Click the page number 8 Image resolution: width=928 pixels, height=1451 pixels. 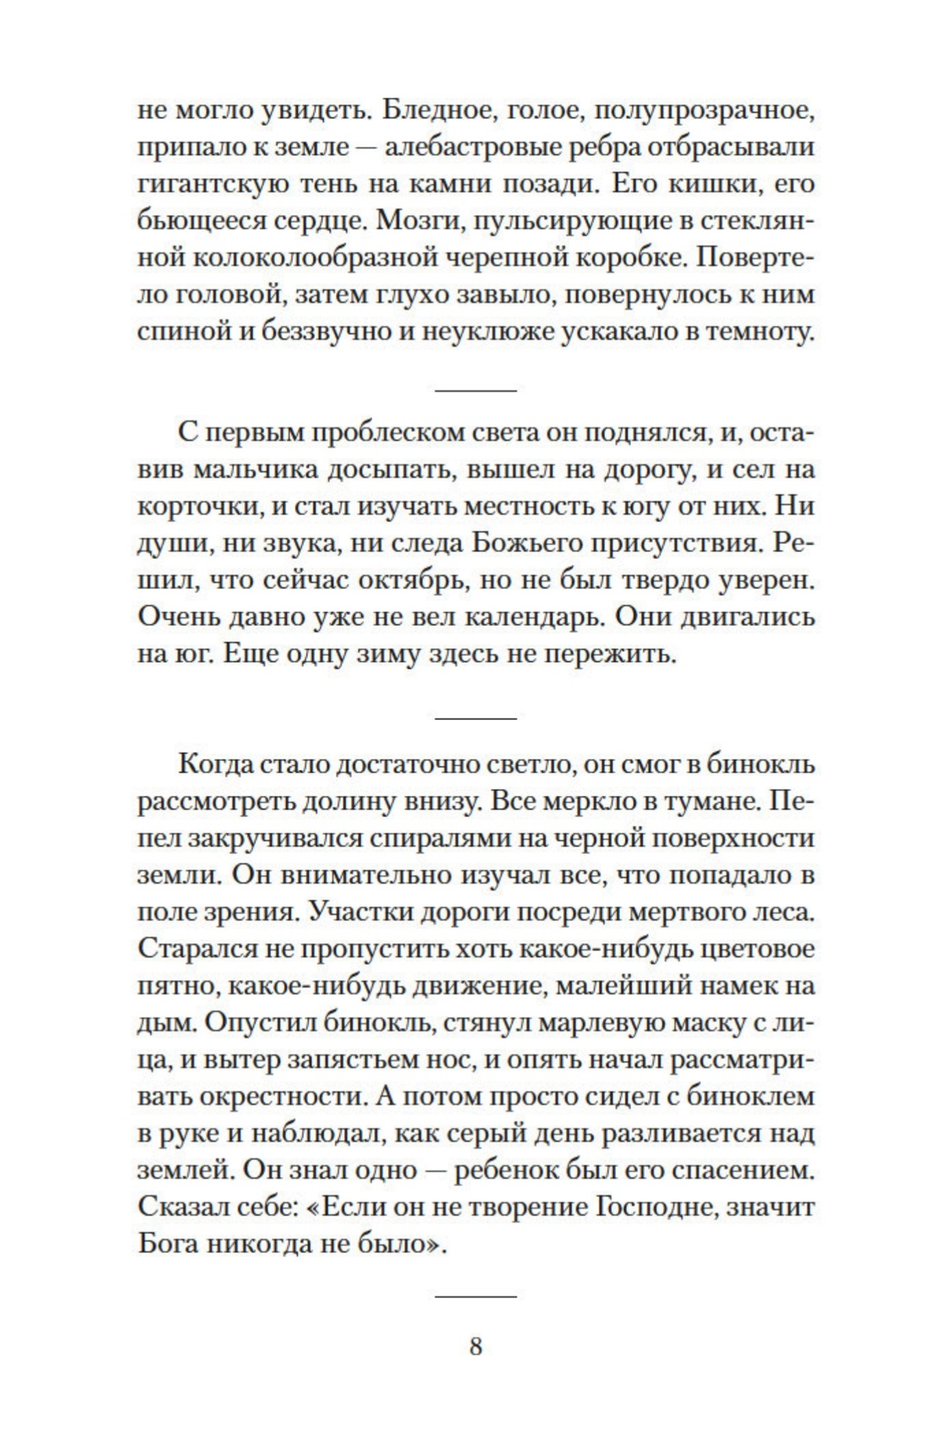(x=475, y=1346)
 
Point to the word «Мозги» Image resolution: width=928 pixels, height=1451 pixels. (x=418, y=221)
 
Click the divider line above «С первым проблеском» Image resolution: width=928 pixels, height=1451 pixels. (x=475, y=390)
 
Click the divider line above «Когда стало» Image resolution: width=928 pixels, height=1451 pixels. (x=475, y=717)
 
